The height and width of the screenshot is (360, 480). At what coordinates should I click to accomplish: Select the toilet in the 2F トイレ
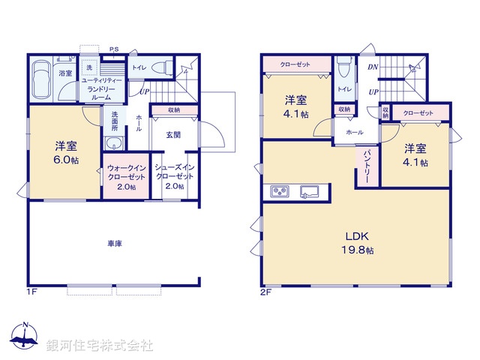344,70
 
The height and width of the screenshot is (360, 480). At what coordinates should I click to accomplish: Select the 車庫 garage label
114,244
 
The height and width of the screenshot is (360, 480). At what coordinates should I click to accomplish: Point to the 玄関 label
173,134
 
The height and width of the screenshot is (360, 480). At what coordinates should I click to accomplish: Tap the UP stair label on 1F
142,93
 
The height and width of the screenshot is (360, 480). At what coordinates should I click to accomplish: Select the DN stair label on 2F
373,67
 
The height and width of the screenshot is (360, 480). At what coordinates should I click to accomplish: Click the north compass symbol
25,336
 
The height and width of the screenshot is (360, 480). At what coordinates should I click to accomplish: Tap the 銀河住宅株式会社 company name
99,346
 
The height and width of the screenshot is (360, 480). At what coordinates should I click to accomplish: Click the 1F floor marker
31,291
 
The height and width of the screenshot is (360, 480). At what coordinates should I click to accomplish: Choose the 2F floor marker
265,291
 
